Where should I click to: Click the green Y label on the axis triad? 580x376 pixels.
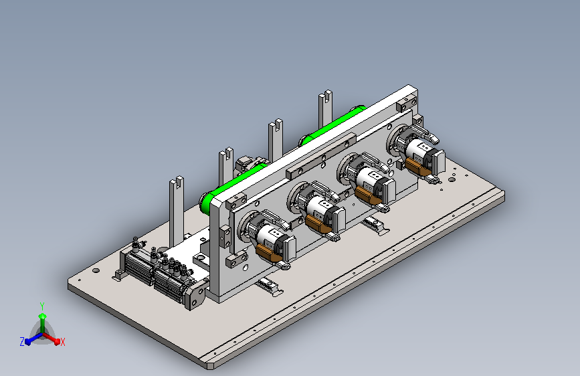[42, 306]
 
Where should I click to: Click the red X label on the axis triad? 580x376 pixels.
[62, 342]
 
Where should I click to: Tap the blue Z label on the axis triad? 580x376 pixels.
[22, 342]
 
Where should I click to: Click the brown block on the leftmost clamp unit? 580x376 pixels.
[266, 252]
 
